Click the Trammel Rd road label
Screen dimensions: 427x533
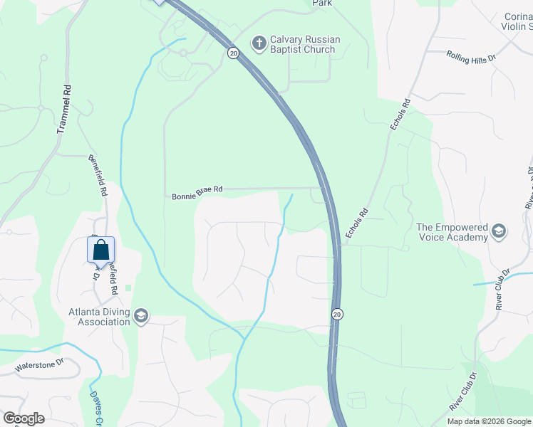(x=64, y=110)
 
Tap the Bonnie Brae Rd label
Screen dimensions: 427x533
(x=197, y=191)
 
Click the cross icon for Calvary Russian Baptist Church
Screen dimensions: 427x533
(x=259, y=43)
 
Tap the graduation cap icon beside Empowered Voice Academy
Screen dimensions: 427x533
(x=499, y=233)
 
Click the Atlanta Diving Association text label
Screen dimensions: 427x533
(x=99, y=317)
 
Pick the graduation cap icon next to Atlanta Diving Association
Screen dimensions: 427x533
(x=141, y=317)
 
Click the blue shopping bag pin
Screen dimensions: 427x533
(x=100, y=251)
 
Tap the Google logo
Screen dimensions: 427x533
(x=24, y=418)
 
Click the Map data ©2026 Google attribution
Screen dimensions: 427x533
(x=489, y=421)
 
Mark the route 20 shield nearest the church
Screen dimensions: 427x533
(x=233, y=53)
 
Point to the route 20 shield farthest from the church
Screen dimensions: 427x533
(x=338, y=314)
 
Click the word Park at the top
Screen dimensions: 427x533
(x=323, y=4)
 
